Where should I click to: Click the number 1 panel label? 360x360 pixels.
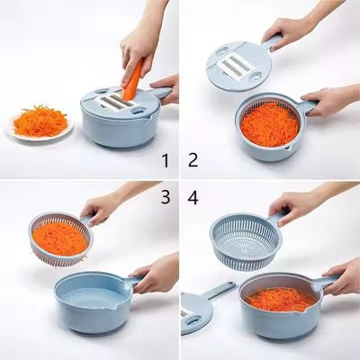point(165,160)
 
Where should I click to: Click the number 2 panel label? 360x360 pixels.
point(193,160)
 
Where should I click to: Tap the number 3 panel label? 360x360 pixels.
point(166,197)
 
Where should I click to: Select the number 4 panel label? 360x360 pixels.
point(193,197)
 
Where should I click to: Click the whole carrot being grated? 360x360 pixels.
point(133,80)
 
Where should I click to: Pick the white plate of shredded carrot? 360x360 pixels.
point(40,123)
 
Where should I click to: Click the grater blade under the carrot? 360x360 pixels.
point(116,102)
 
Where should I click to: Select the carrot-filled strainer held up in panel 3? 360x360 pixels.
point(61,238)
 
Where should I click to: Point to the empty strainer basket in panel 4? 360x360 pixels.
point(247,240)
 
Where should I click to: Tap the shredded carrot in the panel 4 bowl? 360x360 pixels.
point(281,299)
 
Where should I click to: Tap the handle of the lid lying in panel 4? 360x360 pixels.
point(221,290)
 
